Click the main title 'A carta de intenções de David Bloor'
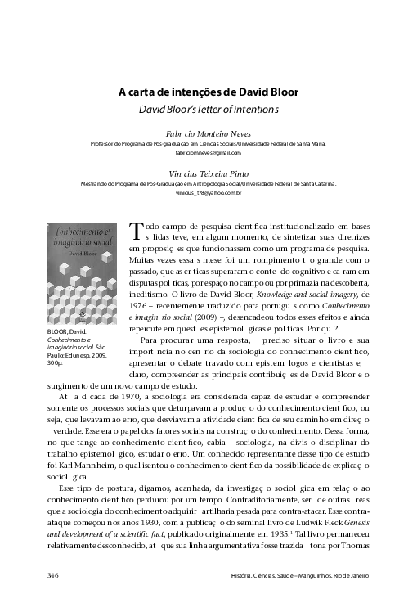[208, 92]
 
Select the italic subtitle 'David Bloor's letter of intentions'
[208, 108]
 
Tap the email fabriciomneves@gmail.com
[208, 152]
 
